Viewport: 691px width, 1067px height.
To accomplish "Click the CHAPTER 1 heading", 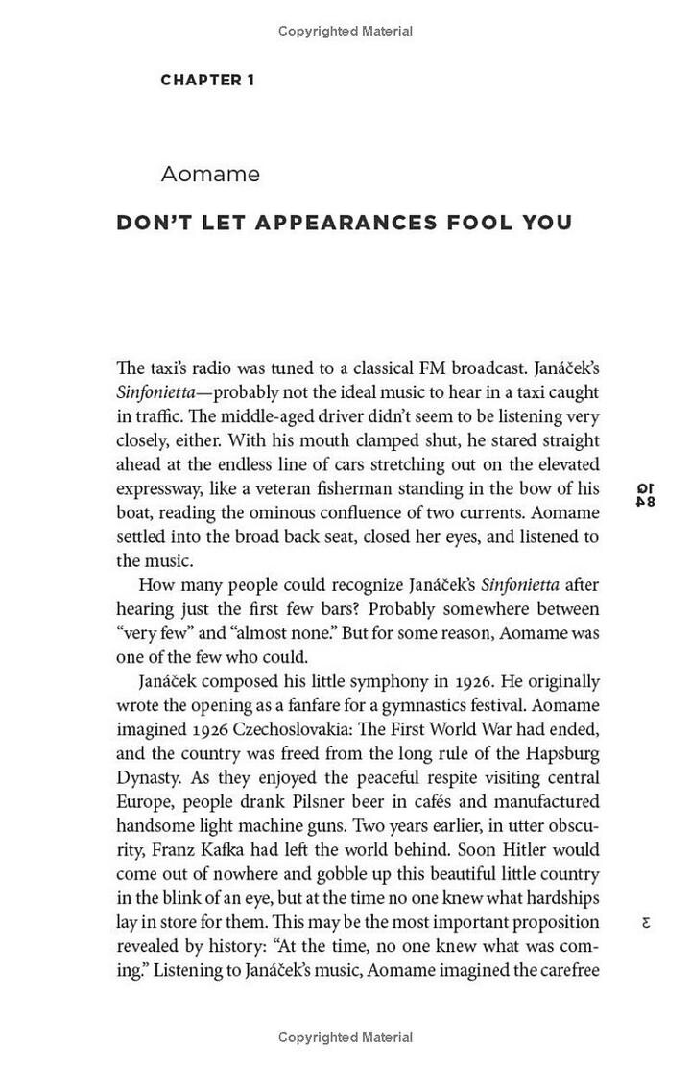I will point(207,81).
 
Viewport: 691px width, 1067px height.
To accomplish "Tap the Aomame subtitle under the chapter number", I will point(210,175).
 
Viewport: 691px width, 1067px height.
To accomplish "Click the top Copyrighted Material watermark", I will point(345,32).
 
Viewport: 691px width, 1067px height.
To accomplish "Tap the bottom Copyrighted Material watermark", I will point(345,1037).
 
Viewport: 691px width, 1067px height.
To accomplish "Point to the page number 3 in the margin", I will point(646,922).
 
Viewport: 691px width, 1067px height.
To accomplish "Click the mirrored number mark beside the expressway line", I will point(646,494).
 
